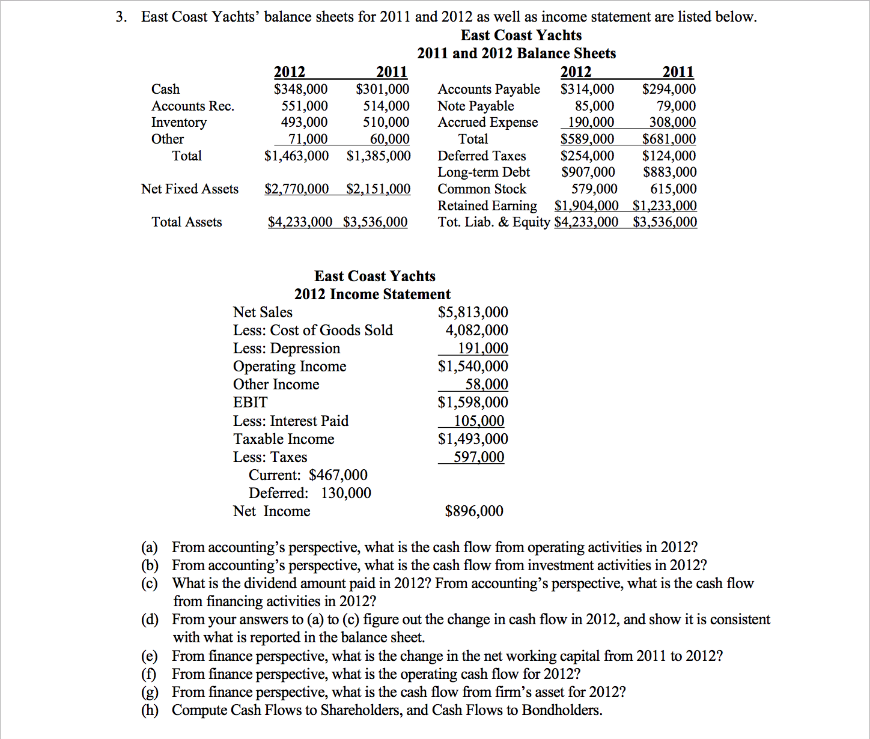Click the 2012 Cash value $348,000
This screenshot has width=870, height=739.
tap(300, 90)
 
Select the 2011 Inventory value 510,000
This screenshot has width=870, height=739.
tap(386, 123)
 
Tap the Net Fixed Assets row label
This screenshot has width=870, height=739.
tap(190, 189)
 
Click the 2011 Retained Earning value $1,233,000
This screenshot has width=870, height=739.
tap(665, 205)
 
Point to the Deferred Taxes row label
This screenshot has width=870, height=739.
tap(481, 156)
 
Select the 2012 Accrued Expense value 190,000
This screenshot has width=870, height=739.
tap(591, 123)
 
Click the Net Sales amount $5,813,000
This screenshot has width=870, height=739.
tap(473, 312)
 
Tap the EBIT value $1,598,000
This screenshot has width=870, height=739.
tap(473, 403)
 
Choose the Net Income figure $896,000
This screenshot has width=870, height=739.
tap(474, 511)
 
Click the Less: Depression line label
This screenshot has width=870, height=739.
tap(287, 348)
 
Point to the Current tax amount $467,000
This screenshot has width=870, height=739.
tap(338, 475)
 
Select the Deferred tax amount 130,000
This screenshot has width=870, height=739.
tap(345, 493)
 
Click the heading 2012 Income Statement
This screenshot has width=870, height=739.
tap(372, 294)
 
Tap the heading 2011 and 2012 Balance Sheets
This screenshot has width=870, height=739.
tap(516, 53)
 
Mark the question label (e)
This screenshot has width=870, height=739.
tap(150, 656)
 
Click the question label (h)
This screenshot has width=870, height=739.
tap(150, 710)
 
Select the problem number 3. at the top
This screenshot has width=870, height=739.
tap(122, 17)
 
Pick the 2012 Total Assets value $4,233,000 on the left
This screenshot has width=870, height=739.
tap(300, 222)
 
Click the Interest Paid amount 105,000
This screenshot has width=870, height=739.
tap(478, 421)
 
